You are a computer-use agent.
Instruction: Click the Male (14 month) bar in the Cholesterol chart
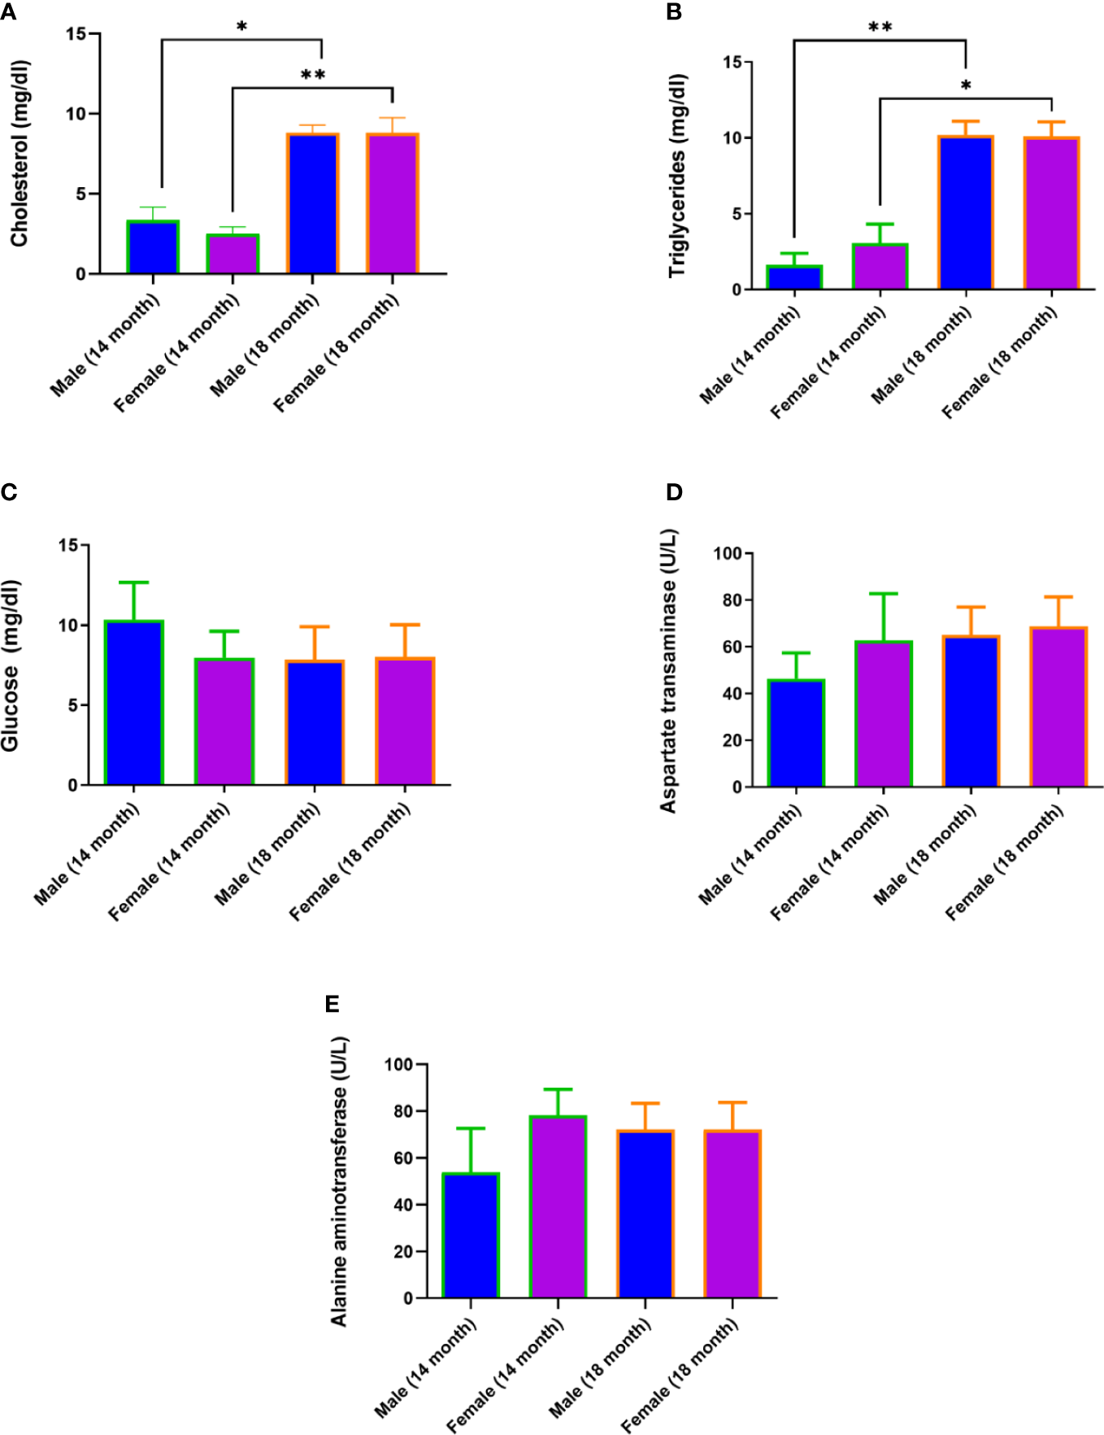pos(153,247)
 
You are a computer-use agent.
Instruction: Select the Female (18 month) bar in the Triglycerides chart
pos(1051,214)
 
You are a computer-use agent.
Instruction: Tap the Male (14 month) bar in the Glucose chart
pos(134,703)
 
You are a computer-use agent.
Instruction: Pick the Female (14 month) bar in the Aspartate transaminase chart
pos(883,714)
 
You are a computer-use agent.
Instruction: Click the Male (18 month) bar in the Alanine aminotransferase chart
pos(645,1214)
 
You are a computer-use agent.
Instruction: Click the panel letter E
pos(332,1005)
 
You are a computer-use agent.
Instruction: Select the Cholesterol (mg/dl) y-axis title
pos(20,153)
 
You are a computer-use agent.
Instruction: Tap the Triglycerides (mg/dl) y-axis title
pos(677,176)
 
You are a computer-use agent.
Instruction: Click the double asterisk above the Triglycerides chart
pos(880,28)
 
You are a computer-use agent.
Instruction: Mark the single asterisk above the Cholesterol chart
pos(241,28)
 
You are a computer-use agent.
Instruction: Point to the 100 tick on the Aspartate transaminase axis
pos(728,554)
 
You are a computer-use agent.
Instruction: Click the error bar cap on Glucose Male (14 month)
pos(134,582)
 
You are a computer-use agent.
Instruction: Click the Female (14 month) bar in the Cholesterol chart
pos(233,254)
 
